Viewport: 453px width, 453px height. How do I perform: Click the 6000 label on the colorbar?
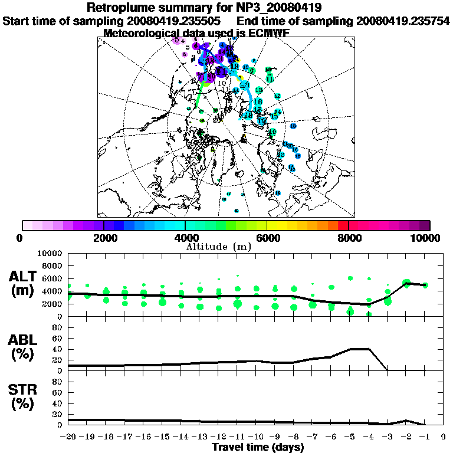click(267, 238)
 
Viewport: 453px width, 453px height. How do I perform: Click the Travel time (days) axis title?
click(258, 447)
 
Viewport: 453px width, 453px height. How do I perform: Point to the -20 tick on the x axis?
click(68, 436)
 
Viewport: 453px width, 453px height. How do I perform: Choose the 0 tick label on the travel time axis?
click(444, 436)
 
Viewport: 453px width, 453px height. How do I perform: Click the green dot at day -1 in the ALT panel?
click(425, 285)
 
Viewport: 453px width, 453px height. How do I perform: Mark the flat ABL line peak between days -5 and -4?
click(360, 349)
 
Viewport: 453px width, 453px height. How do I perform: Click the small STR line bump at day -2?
click(406, 421)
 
